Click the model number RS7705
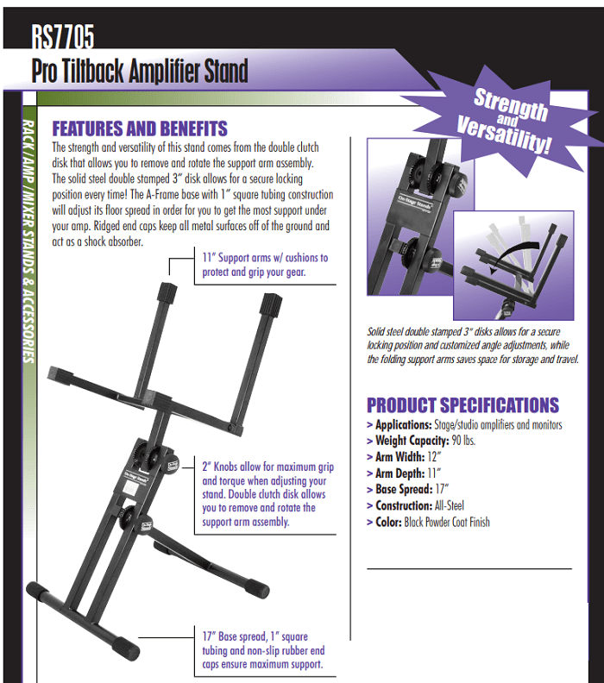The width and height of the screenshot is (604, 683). tap(62, 36)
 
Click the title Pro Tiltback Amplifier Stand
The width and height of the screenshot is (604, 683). tap(140, 70)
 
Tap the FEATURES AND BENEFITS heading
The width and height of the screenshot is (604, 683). tap(140, 128)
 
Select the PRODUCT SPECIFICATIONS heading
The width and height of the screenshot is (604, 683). tap(462, 405)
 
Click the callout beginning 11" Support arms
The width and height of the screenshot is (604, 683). tap(265, 265)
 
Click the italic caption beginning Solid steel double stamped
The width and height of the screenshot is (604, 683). tap(472, 346)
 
